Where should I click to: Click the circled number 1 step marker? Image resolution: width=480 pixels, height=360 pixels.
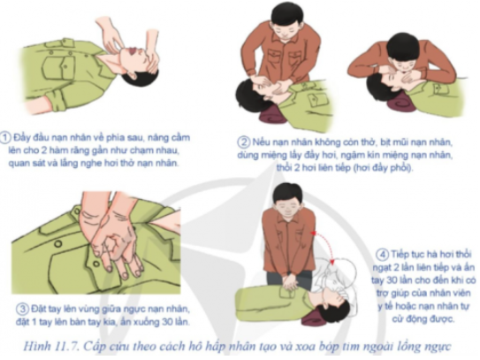[x=6, y=138]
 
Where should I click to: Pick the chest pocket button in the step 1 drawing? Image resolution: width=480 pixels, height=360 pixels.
[x=65, y=65]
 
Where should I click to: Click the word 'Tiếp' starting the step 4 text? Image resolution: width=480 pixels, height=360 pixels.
[x=400, y=255]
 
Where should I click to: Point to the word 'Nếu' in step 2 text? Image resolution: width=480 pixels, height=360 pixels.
[x=259, y=142]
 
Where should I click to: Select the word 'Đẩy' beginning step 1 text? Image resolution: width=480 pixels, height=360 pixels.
[x=21, y=138]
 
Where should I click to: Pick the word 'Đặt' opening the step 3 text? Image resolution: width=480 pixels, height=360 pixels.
[x=37, y=309]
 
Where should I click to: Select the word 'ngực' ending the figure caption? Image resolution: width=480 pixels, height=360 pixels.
[x=439, y=347]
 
